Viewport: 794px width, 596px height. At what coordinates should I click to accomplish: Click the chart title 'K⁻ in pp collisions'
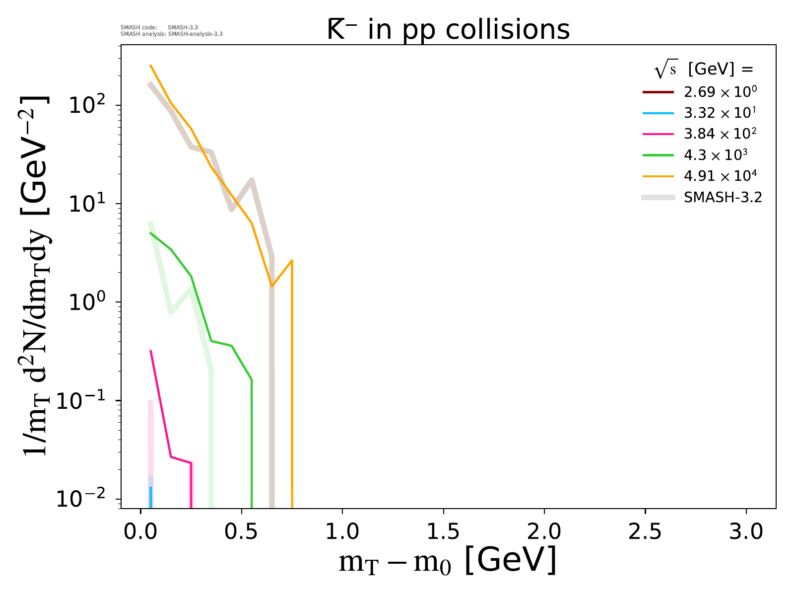pos(448,30)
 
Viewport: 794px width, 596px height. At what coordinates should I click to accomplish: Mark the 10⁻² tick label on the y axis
pos(84,499)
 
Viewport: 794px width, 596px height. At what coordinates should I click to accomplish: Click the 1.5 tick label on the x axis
pos(443,531)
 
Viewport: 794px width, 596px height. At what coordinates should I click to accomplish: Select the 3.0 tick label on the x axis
pos(746,531)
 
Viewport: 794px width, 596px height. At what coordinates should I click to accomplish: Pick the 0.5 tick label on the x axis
pos(241,531)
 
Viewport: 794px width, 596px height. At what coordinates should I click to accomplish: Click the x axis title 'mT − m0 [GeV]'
pos(447,561)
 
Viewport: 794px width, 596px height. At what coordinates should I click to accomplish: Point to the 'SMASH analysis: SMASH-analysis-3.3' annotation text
pos(171,34)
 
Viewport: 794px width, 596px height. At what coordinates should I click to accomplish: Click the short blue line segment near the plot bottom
pos(151,497)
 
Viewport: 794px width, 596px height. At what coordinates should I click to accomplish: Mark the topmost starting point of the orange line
pos(151,65)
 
